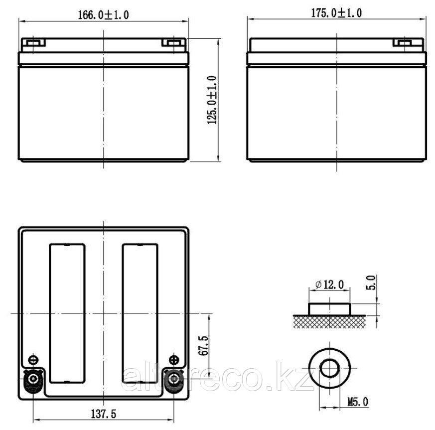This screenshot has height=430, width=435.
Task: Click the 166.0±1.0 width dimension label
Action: tap(104, 14)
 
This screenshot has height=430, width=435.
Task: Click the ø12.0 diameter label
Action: tap(329, 285)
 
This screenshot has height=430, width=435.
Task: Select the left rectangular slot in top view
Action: tap(66, 313)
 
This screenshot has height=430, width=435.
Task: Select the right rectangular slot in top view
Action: tap(140, 313)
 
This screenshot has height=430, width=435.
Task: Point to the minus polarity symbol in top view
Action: tap(33, 359)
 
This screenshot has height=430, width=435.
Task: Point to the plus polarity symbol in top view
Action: tap(174, 359)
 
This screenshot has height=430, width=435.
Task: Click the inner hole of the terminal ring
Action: tap(329, 369)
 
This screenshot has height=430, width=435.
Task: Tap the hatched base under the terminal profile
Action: tap(329, 321)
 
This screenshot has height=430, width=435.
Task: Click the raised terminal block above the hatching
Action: tap(329, 308)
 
